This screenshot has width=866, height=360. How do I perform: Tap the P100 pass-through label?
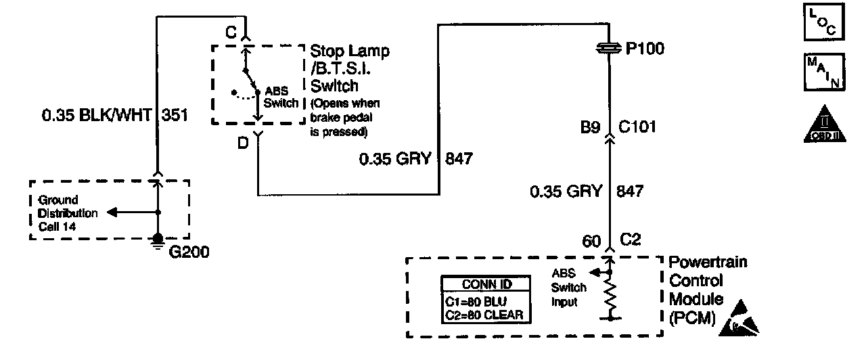point(645,49)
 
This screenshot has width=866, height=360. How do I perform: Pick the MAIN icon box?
point(821,72)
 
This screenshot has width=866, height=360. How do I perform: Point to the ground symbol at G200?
point(158,240)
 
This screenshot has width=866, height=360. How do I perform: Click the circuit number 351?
point(175,116)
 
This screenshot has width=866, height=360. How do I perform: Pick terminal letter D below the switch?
point(243,143)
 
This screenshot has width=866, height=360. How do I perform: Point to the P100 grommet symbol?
point(610,48)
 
